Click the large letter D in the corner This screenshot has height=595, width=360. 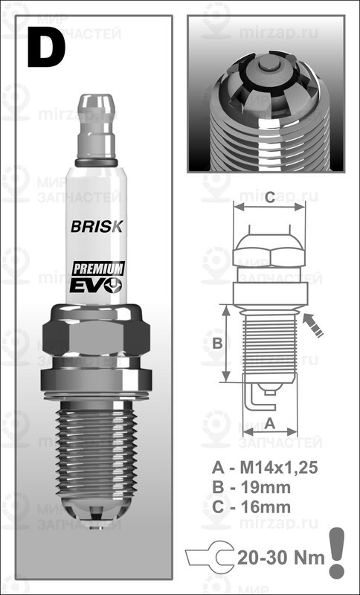click(46, 46)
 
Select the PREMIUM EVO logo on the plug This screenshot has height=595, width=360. click(97, 277)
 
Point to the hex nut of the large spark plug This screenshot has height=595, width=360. click(97, 335)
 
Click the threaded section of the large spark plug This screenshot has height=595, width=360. click(97, 446)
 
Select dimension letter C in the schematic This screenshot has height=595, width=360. click(270, 197)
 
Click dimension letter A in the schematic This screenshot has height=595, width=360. click(270, 422)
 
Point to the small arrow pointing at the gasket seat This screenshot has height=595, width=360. click(314, 324)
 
